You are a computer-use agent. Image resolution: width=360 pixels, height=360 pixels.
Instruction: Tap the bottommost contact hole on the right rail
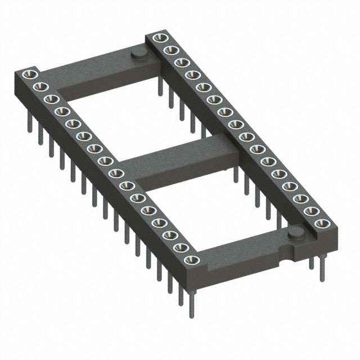pos(322,224)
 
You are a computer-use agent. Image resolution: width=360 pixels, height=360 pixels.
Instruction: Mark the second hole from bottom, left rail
pos(182,246)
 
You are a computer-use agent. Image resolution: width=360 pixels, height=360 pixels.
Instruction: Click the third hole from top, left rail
pos(50,98)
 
